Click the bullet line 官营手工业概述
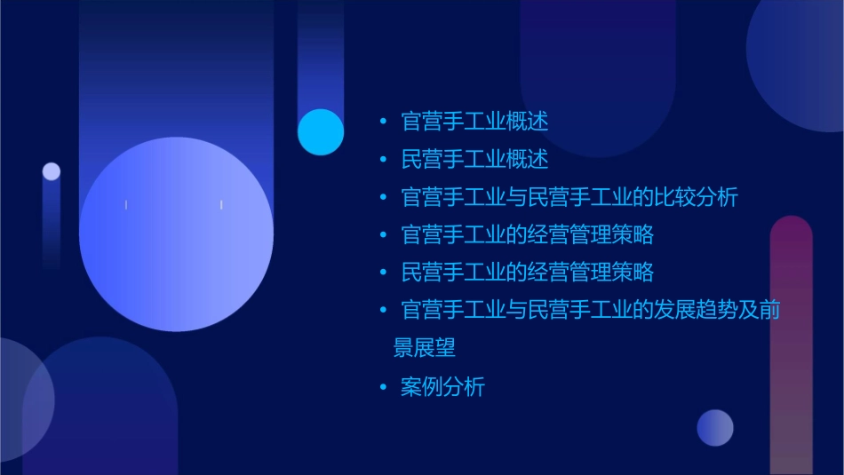point(474,121)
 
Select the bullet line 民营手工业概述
point(474,160)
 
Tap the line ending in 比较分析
point(569,197)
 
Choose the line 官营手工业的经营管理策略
point(528,235)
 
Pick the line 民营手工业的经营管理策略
point(528,273)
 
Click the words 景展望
point(425,348)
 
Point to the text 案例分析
point(443,387)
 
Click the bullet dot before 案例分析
point(383,387)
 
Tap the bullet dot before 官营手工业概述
point(383,121)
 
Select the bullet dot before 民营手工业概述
point(383,160)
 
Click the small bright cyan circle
point(321,132)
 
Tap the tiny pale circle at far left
point(52,171)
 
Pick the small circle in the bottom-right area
point(715,427)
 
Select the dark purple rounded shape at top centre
point(598,71)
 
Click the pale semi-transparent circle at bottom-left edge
point(22,400)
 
